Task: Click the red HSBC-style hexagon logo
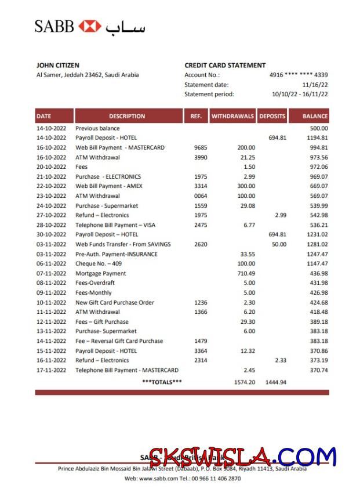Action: click(x=89, y=26)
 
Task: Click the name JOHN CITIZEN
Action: click(x=58, y=66)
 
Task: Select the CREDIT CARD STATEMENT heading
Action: click(x=225, y=66)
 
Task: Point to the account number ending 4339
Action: click(x=299, y=75)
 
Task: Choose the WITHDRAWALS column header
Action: click(x=232, y=116)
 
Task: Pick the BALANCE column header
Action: click(x=315, y=116)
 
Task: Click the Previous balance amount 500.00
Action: click(x=318, y=128)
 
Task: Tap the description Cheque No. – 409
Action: click(x=98, y=263)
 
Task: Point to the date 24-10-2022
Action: click(x=52, y=205)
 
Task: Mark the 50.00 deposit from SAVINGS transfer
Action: click(x=279, y=244)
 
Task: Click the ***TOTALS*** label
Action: click(x=162, y=382)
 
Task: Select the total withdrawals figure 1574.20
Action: click(x=244, y=382)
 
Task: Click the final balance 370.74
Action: click(x=318, y=370)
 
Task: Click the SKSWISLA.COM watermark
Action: click(x=242, y=458)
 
